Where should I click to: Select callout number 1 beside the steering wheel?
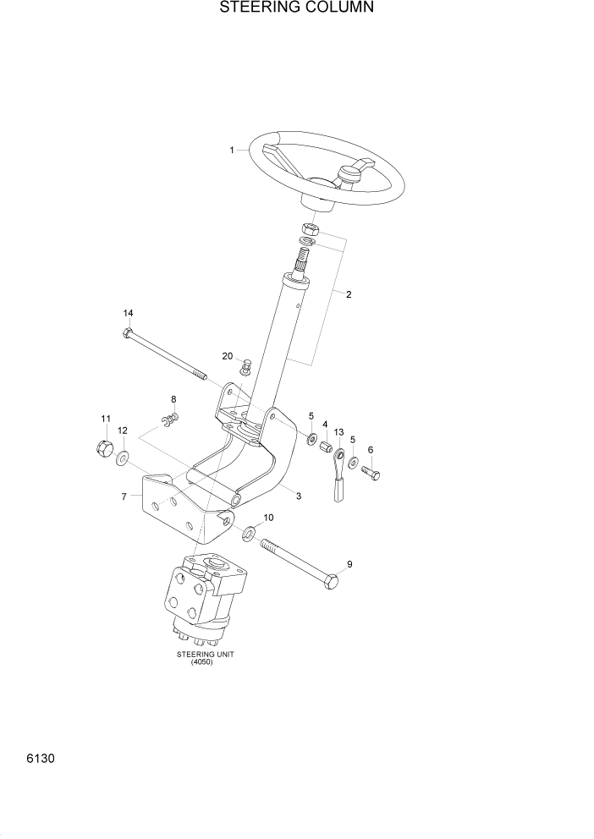pos(231,151)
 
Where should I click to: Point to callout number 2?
pos(349,294)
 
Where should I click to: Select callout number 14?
pos(129,312)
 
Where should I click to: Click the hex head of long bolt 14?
pos(128,332)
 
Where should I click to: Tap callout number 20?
pos(227,356)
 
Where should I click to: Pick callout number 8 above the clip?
pos(173,399)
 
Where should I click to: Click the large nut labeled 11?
pos(102,448)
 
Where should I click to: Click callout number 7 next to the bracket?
pos(124,496)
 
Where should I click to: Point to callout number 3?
pos(298,496)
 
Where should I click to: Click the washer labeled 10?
pos(250,535)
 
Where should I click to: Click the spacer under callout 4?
pos(325,447)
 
